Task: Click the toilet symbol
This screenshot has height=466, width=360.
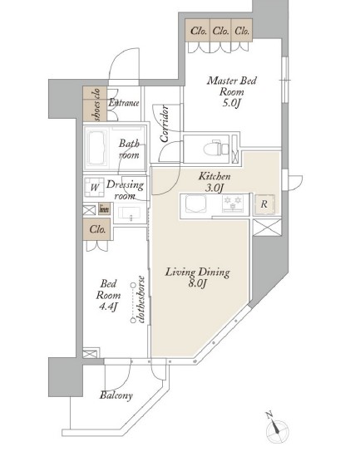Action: [216, 148]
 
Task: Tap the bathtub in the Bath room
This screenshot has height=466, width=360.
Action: [96, 148]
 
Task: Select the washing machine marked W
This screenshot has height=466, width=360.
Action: [94, 187]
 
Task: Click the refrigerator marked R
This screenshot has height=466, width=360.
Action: [264, 204]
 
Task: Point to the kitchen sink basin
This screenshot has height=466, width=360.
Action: [195, 204]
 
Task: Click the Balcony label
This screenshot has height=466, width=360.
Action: [116, 395]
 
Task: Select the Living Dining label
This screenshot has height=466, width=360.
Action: [198, 272]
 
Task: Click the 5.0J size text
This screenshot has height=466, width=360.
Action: [231, 103]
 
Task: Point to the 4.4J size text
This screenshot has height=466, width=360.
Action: [108, 307]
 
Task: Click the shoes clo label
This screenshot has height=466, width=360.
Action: [97, 104]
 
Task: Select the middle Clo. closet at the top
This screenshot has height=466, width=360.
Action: [221, 31]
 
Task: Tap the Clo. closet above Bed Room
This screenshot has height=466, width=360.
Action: [97, 229]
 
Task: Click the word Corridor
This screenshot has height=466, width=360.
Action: [165, 124]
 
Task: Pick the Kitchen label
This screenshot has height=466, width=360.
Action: [215, 176]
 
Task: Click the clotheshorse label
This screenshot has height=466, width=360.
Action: [141, 299]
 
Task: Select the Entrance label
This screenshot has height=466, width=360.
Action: [124, 103]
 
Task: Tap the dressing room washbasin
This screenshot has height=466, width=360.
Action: [130, 213]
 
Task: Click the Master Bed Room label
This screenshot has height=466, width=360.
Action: [232, 86]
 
